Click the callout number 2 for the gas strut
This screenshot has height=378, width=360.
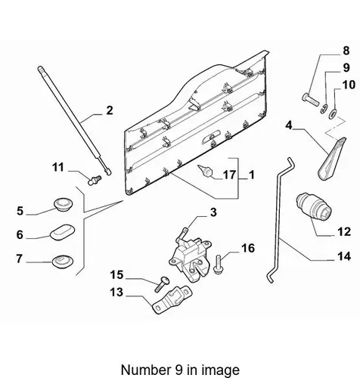point(110,110)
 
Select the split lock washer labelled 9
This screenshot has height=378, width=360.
point(324,109)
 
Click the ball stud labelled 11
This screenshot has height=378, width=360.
point(95,180)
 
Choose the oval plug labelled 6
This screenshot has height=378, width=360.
point(63,231)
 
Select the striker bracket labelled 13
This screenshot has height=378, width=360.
point(172,300)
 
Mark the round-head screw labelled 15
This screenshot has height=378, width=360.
point(162,284)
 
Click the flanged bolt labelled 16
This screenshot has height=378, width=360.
point(218,265)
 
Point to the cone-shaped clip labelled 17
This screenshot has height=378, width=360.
point(206,171)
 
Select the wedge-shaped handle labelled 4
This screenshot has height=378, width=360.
point(331,159)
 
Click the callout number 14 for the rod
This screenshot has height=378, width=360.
point(344,256)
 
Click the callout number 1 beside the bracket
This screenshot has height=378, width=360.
point(251,175)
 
